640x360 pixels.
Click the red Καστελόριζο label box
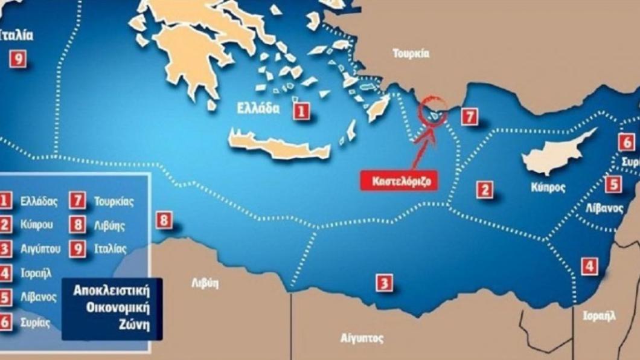point(399,181)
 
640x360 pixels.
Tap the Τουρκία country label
point(411,54)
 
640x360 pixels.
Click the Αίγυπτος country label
point(362,338)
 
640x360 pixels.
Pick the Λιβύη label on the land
point(205,284)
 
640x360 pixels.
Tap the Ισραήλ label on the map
point(599,315)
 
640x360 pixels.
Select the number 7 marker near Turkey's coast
point(469,117)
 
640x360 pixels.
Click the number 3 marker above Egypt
point(383,282)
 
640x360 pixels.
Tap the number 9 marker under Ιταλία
point(18,58)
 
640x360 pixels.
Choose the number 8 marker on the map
point(164,220)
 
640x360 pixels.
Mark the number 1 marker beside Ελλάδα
point(301,111)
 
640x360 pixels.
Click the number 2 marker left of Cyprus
point(484,190)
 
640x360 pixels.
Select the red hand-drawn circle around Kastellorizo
point(432,108)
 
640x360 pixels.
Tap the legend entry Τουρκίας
point(114,201)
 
